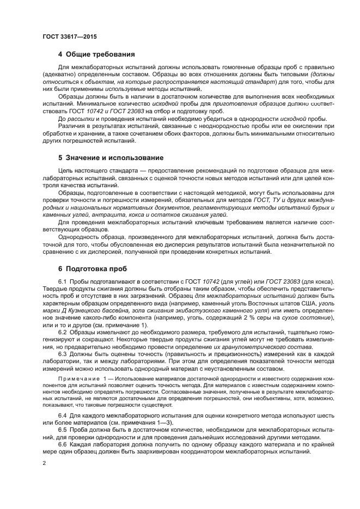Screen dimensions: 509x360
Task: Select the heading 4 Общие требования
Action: [96, 54]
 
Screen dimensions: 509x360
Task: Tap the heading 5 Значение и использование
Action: [111, 158]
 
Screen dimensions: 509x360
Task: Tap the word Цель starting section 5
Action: [66, 170]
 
